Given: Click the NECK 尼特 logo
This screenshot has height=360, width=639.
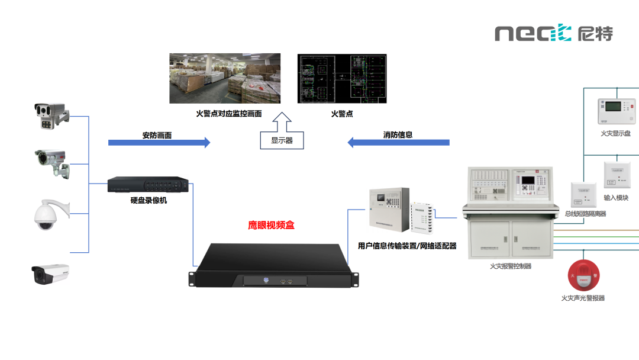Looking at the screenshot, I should tap(554, 33).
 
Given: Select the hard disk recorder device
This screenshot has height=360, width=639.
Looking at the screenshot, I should tap(149, 185).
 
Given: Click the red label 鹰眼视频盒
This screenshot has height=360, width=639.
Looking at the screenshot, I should tap(271, 226).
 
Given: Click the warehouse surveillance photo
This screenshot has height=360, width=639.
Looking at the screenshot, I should tap(225, 79).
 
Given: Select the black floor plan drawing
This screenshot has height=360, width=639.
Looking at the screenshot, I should tap(341, 79).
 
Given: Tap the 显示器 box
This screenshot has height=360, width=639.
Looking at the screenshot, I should tap(282, 140).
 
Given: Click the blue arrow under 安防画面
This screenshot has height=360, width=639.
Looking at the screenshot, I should tap(159, 143).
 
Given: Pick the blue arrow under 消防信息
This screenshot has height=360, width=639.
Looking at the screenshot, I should tap(398, 143).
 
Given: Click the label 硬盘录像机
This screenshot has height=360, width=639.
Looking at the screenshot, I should tap(149, 201).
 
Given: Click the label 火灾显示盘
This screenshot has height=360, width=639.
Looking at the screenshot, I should tap(615, 133).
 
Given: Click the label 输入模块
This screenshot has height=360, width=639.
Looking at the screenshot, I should tap(617, 198).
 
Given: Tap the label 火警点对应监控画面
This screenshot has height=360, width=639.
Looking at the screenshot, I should tap(228, 114).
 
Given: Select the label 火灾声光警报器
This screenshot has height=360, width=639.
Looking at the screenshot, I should tap(583, 298).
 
